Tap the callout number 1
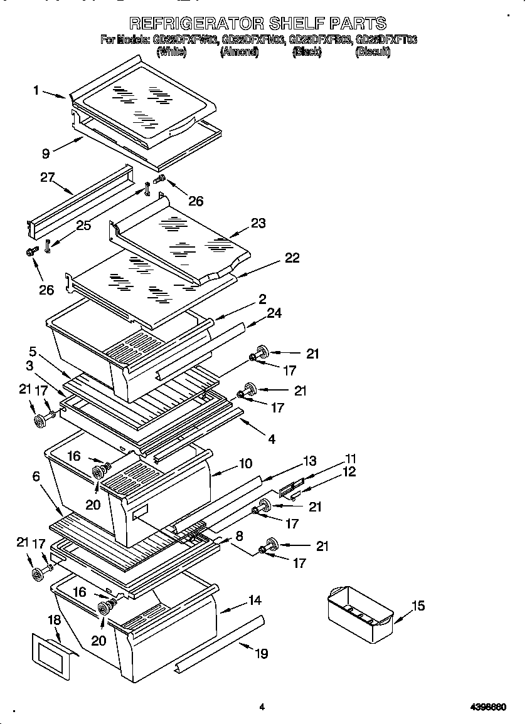click(x=36, y=90)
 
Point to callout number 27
click(x=48, y=177)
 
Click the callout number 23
click(x=258, y=223)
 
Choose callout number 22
click(x=292, y=258)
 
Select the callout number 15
click(x=418, y=606)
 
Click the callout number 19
click(x=261, y=654)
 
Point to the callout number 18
click(x=55, y=620)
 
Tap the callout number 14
click(x=254, y=600)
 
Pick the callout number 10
click(x=245, y=464)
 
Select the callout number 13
click(x=309, y=461)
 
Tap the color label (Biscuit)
click(x=373, y=53)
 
